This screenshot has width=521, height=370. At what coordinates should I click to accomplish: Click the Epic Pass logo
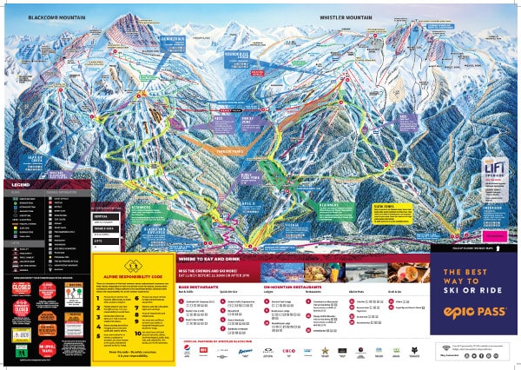[473, 307]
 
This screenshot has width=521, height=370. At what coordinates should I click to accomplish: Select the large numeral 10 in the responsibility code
[137, 332]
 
